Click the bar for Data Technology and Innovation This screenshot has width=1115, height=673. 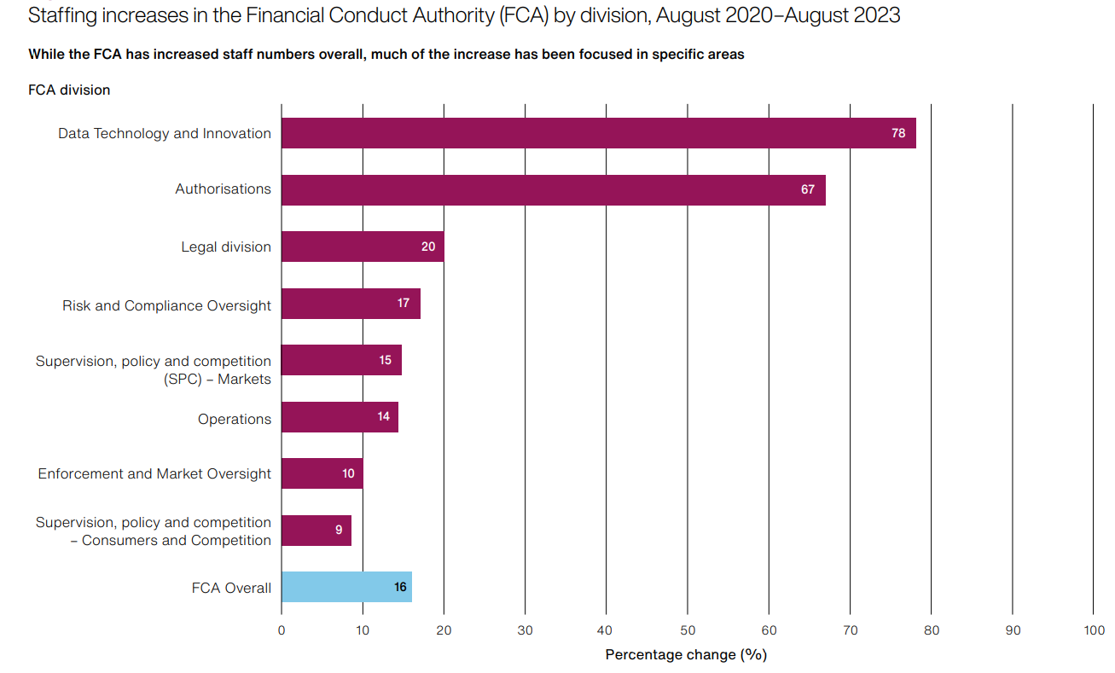pyautogui.click(x=597, y=133)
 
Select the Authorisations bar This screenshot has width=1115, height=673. pyautogui.click(x=553, y=189)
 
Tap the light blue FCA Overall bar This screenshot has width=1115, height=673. pyautogui.click(x=346, y=587)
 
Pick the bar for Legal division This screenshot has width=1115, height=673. pyautogui.click(x=362, y=247)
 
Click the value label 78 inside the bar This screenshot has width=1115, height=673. pyautogui.click(x=898, y=133)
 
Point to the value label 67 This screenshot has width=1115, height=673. pyautogui.click(x=807, y=189)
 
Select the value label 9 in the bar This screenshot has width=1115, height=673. pyautogui.click(x=339, y=530)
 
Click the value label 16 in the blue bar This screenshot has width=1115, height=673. pyautogui.click(x=400, y=587)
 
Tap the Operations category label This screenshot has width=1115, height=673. pyautogui.click(x=235, y=419)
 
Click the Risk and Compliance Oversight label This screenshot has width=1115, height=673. pyautogui.click(x=166, y=305)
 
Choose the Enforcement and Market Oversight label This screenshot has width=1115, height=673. pyautogui.click(x=154, y=473)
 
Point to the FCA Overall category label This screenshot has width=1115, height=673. pyautogui.click(x=231, y=588)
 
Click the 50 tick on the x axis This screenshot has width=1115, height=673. pyautogui.click(x=688, y=630)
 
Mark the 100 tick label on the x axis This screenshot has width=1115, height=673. pyautogui.click(x=1094, y=630)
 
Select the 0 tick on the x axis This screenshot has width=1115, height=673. pyautogui.click(x=282, y=630)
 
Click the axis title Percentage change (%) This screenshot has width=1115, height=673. pyautogui.click(x=686, y=654)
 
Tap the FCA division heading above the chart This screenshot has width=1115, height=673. pyautogui.click(x=69, y=90)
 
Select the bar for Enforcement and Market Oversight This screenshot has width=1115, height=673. pyautogui.click(x=322, y=473)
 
